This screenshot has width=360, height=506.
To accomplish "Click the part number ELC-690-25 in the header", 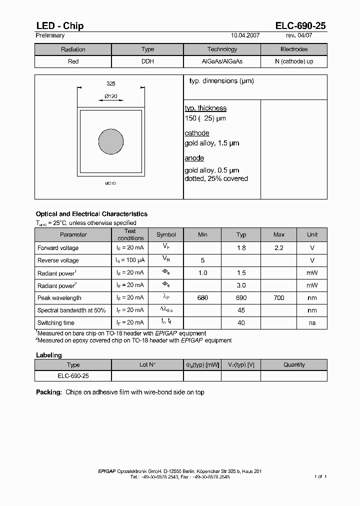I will pos(300,26).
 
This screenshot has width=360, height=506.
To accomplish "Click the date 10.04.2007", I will pos(245,36).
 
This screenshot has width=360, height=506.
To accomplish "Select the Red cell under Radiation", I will pos(73,62).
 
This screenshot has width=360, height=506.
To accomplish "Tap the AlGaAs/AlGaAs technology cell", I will pos(222,62).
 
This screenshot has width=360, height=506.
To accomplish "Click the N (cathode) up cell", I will pos(294,62).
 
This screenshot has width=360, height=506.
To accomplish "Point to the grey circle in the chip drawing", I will pos(111,141).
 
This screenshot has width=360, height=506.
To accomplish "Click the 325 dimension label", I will pos(111,84).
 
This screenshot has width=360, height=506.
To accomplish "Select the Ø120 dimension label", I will pos(111,96).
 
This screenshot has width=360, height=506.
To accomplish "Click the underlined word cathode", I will pos(197,133).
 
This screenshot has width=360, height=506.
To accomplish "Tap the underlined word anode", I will pos(194,158).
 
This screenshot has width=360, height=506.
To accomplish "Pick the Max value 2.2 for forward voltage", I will pos(279,248).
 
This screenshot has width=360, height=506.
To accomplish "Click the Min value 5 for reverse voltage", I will pos(202,260).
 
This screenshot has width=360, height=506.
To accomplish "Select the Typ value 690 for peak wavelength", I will pos(241,298).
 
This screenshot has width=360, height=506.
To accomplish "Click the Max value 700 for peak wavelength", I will pos(279,298).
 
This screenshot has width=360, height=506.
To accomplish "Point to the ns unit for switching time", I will pos(312,323).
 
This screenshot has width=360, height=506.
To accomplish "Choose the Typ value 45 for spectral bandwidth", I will pos(241,310).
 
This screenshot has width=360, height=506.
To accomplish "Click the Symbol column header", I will pos(166,235).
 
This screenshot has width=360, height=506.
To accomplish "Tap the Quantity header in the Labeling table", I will pos(294,365).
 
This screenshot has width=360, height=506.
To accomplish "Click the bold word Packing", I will pos(48,392).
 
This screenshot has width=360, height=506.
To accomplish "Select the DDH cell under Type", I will pos(148,62).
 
